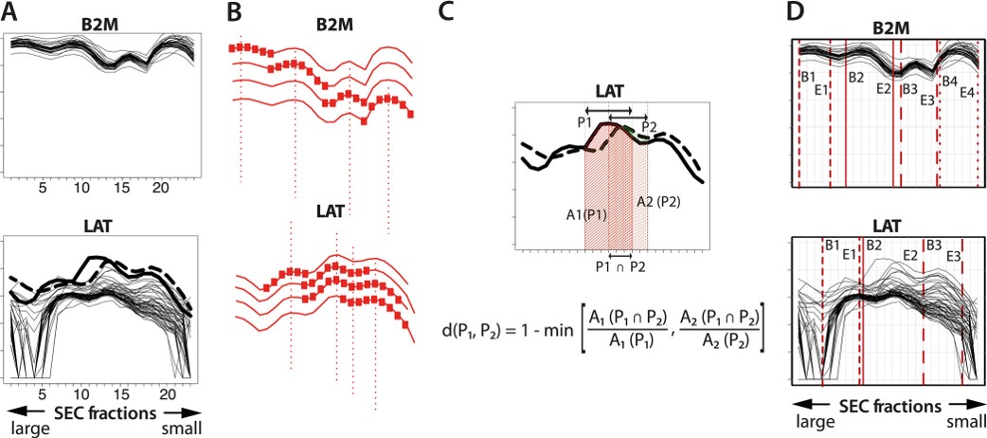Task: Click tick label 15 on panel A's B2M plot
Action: click(x=123, y=189)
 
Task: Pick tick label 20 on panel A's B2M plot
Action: click(x=162, y=189)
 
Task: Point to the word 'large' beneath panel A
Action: click(x=27, y=428)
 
